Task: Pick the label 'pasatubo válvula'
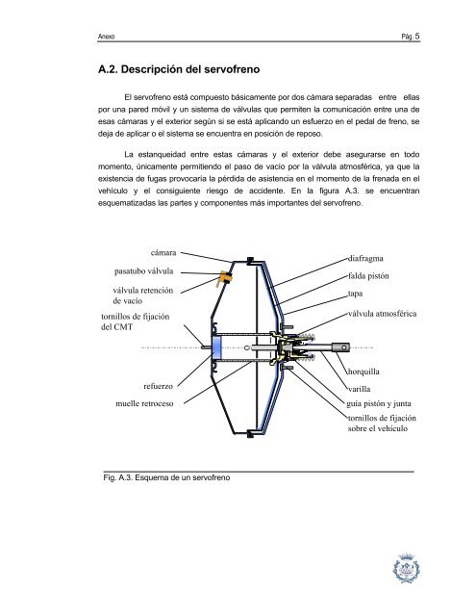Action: (143, 270)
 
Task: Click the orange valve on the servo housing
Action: (227, 279)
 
